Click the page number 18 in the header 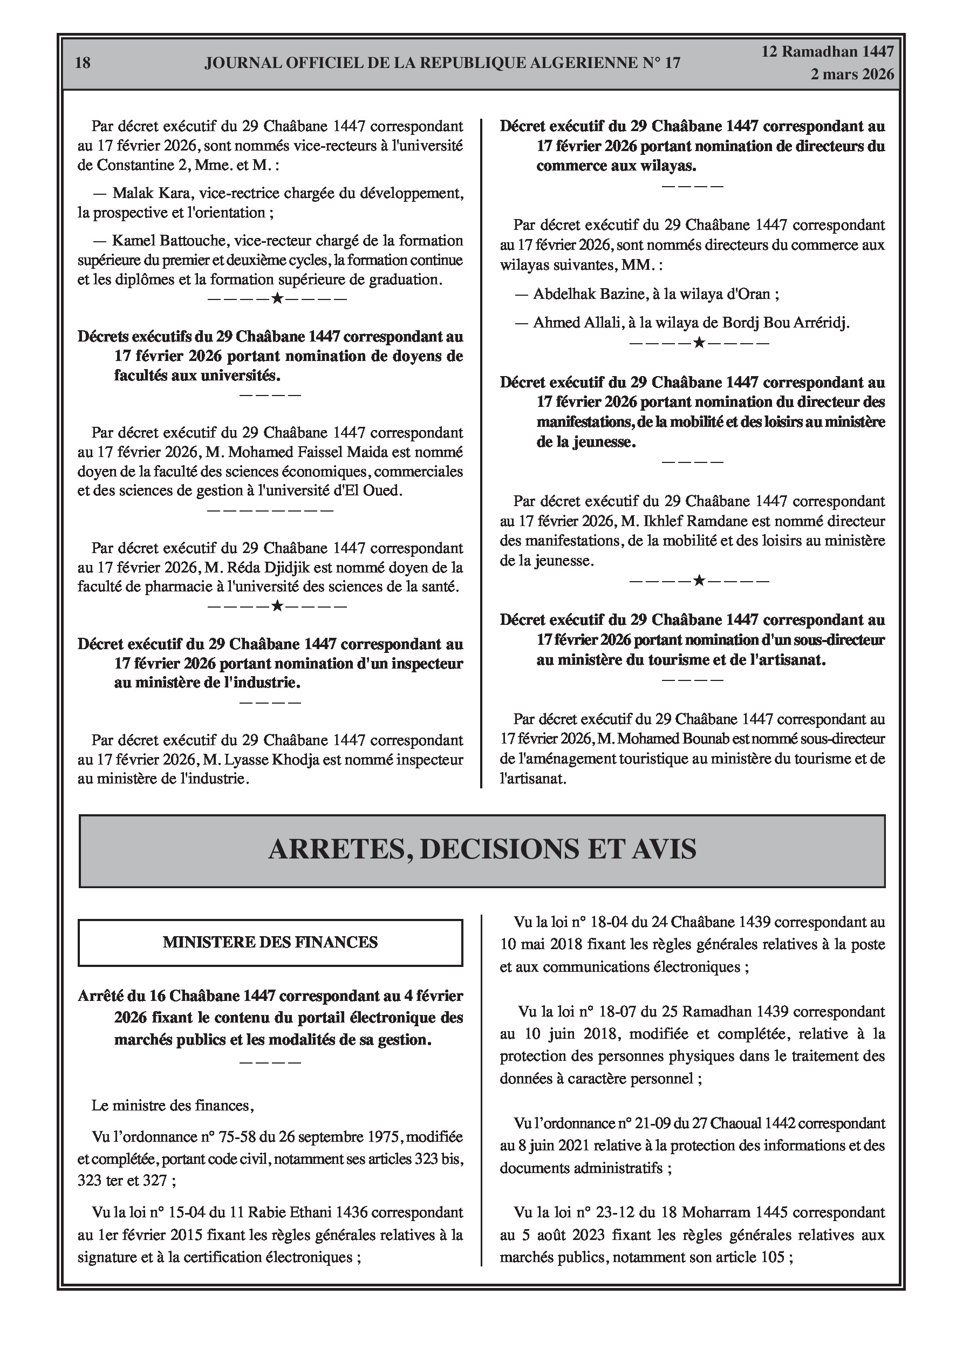click(83, 63)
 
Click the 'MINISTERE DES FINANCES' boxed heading click(270, 942)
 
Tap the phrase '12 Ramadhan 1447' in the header click(828, 52)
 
